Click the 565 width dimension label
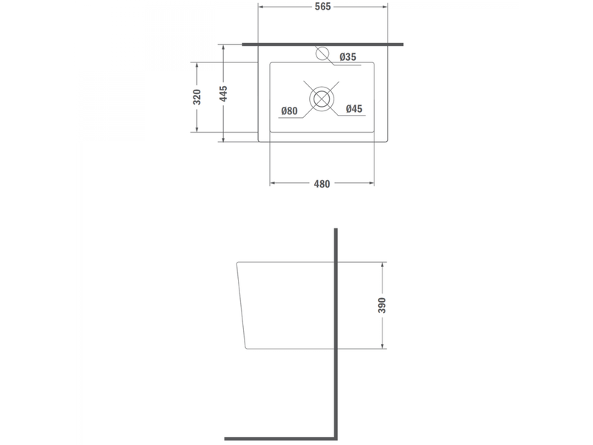click(x=322, y=7)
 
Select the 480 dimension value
click(x=322, y=184)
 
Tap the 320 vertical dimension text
click(x=197, y=97)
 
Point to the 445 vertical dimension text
click(x=224, y=93)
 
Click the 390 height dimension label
click(x=382, y=306)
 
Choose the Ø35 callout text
click(x=348, y=57)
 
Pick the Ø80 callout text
click(x=289, y=111)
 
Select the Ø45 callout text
click(x=354, y=109)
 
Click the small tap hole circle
click(x=322, y=53)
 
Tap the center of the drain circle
click(x=322, y=99)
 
